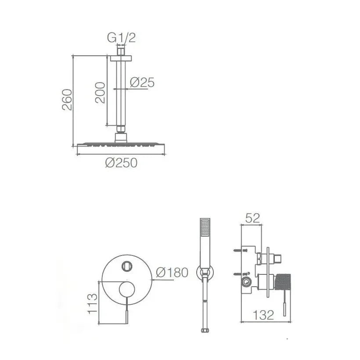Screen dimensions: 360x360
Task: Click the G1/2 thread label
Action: tap(122, 38)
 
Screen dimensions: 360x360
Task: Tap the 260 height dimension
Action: tap(67, 100)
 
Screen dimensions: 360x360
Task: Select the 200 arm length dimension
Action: tap(100, 93)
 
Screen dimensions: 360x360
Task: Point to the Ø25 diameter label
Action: tap(142, 83)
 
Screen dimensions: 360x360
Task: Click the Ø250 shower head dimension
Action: tap(121, 163)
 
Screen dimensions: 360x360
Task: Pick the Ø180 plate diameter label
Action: tap(172, 273)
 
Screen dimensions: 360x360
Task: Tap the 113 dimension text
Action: tap(92, 304)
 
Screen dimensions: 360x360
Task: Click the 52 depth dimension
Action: tap(252, 218)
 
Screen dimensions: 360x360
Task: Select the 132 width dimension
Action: tap(263, 315)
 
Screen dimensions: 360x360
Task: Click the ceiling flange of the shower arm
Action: tap(121, 58)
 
